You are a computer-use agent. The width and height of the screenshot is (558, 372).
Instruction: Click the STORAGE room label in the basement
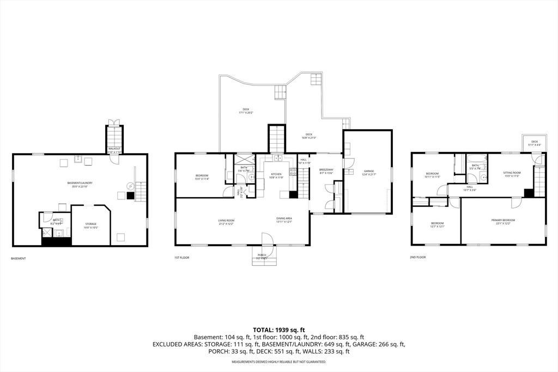(x=90, y=224)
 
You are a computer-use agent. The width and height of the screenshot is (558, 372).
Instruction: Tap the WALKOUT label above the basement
(x=114, y=148)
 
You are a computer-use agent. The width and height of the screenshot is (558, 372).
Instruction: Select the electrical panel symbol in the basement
(x=130, y=186)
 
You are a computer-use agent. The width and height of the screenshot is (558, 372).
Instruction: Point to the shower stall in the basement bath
(x=47, y=233)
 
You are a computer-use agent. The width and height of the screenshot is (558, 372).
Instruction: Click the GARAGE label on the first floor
(x=368, y=171)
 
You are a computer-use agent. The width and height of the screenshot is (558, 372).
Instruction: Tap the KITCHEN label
(x=276, y=174)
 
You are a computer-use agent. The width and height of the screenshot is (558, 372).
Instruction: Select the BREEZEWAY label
(x=326, y=170)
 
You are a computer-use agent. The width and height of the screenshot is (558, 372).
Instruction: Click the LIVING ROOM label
(x=226, y=220)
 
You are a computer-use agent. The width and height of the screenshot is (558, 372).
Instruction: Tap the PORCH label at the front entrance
(x=262, y=255)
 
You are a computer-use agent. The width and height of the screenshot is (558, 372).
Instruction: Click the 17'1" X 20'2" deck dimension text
(x=246, y=113)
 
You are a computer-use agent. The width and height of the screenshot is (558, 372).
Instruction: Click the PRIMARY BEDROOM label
(x=503, y=220)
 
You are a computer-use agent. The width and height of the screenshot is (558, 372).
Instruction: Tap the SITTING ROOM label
(x=512, y=172)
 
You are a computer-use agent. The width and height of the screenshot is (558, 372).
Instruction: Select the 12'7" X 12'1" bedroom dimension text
(x=438, y=226)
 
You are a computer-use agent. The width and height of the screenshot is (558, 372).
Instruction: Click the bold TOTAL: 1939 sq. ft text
(x=278, y=330)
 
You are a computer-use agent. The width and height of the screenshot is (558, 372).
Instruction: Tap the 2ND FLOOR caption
(x=417, y=257)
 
